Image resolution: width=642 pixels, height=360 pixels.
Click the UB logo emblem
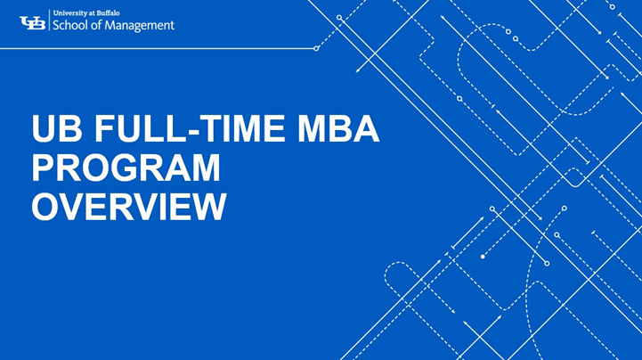[x=33, y=22]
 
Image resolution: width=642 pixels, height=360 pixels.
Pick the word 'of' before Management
[x=101, y=26]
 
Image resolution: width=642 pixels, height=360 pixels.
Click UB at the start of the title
[x=55, y=131]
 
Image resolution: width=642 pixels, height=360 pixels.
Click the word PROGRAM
[x=126, y=168]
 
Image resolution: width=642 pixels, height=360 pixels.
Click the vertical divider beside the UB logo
[x=50, y=22]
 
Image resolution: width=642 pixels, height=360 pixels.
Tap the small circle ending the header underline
[x=316, y=48]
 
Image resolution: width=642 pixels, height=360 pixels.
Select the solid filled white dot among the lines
[x=483, y=257]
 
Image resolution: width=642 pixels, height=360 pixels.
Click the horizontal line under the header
[x=160, y=48]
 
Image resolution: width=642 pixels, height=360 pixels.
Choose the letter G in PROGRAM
[x=130, y=168]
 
